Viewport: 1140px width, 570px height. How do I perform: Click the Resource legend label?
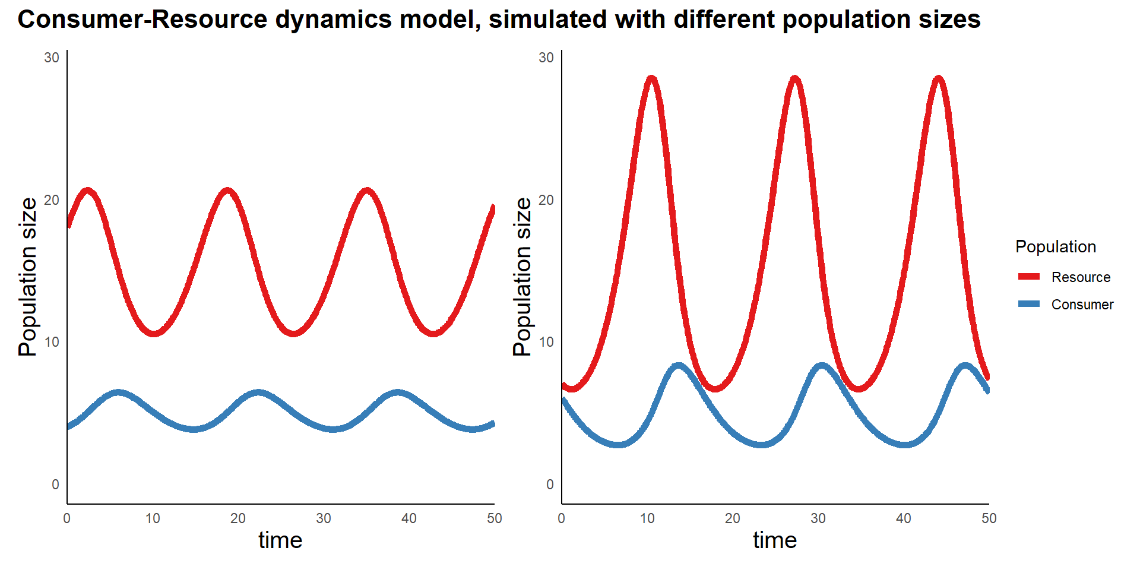(x=1081, y=277)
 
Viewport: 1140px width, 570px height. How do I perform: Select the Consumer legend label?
(x=1082, y=305)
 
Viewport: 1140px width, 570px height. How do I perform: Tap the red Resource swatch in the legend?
(x=1029, y=277)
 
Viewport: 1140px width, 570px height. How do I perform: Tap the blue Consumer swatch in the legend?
(x=1029, y=304)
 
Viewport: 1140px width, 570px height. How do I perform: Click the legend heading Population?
(x=1056, y=246)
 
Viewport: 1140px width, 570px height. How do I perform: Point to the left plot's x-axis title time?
(x=280, y=540)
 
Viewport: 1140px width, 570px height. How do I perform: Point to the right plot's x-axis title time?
(x=775, y=540)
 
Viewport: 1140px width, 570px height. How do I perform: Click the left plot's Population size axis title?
(x=28, y=277)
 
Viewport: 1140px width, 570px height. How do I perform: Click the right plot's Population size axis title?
(x=522, y=277)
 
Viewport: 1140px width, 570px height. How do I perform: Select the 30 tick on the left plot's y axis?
(x=52, y=58)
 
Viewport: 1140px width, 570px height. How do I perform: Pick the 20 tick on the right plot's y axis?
(x=546, y=200)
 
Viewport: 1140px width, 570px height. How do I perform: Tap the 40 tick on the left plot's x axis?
(x=409, y=518)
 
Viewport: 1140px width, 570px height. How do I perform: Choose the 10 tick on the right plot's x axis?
(x=647, y=518)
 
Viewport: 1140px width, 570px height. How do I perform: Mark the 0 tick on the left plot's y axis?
(x=55, y=484)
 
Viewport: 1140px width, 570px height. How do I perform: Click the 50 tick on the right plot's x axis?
(x=989, y=518)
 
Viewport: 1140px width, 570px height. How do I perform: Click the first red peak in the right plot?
(x=652, y=79)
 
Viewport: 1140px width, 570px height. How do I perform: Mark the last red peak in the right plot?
(x=938, y=79)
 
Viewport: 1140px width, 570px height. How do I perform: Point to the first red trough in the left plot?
(x=154, y=332)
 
